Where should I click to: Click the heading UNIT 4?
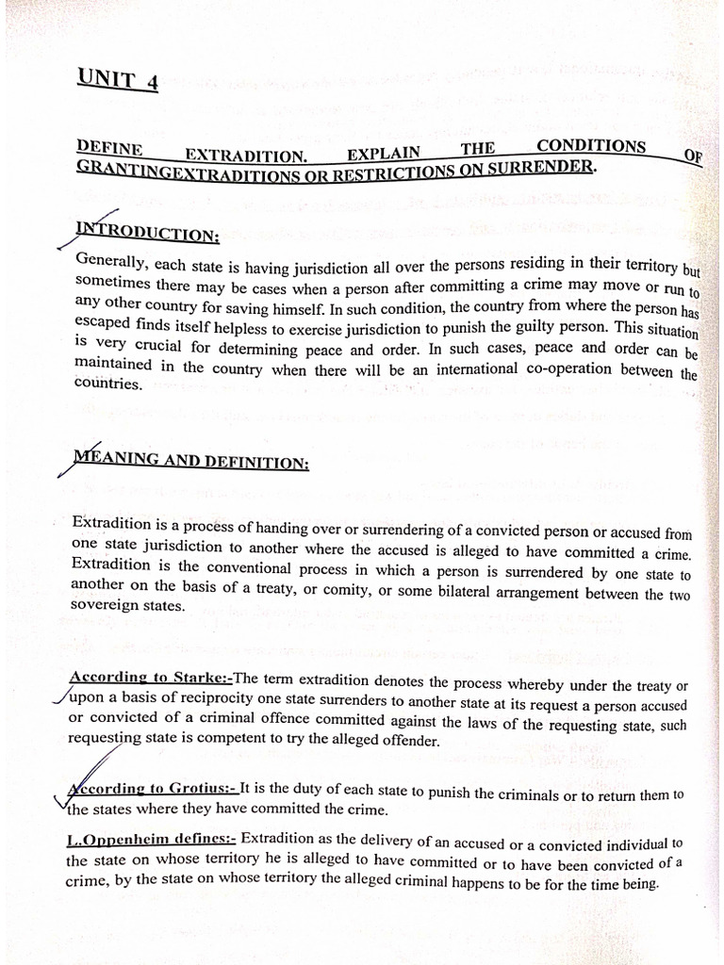click(x=119, y=80)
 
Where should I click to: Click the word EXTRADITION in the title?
click(x=245, y=155)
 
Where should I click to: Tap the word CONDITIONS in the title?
click(x=591, y=146)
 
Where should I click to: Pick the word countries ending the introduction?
click(x=107, y=384)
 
